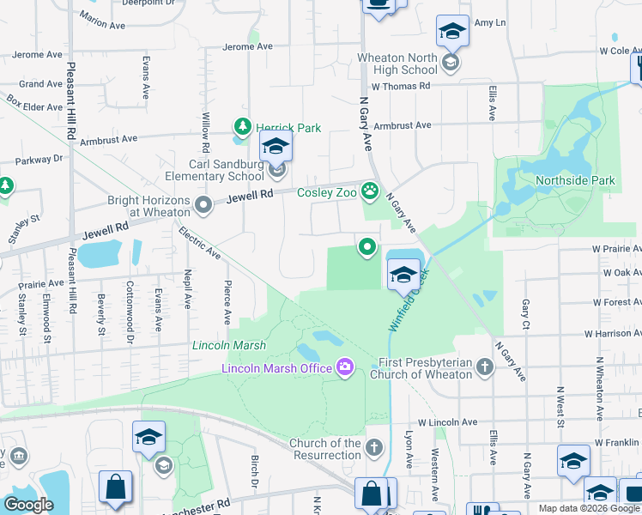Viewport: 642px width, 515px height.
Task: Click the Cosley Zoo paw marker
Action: pos(370,191)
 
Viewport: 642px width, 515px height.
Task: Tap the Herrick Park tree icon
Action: pos(242,128)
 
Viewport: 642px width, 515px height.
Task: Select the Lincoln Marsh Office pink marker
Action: pos(345,367)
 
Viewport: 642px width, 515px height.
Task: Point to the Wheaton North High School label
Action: pos(397,64)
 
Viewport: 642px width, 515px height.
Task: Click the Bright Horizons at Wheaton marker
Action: pos(203,205)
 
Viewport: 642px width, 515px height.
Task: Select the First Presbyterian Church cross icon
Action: pos(486,367)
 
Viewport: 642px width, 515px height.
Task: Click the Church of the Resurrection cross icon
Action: pos(373,447)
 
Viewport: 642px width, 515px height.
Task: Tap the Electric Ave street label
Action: pos(199,243)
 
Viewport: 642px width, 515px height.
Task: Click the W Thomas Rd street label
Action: pos(400,87)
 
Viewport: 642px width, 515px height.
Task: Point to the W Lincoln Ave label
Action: pos(447,422)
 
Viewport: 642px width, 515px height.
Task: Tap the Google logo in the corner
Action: pos(28,505)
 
